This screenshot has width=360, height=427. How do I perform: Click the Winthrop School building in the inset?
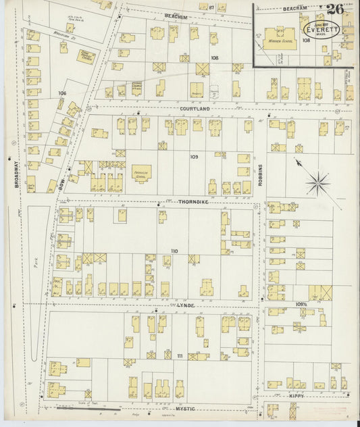[x=286, y=34]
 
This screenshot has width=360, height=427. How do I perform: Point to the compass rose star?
[x=317, y=181]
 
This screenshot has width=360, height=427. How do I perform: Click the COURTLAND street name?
[x=195, y=108]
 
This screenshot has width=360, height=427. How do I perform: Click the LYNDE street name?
[x=185, y=305]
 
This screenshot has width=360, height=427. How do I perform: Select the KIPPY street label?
[x=296, y=395]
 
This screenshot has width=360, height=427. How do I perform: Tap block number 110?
[x=175, y=251]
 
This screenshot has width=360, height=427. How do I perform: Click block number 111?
[x=180, y=356]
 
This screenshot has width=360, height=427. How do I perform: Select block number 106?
[x=63, y=92]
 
